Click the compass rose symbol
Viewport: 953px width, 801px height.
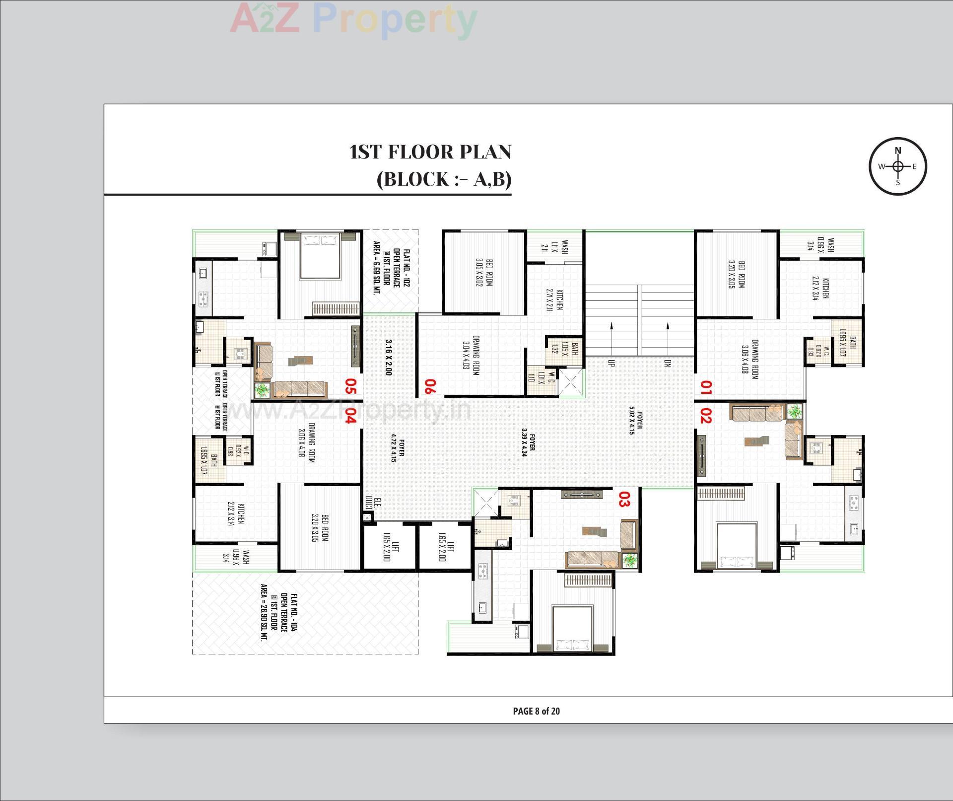pyautogui.click(x=897, y=166)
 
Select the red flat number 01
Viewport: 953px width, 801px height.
pyautogui.click(x=705, y=387)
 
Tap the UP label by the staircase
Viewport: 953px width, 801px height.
pyautogui.click(x=611, y=363)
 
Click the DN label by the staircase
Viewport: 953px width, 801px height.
pyautogui.click(x=668, y=363)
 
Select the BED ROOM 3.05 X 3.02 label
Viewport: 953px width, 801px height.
pyautogui.click(x=484, y=272)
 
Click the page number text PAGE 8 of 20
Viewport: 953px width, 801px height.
pyautogui.click(x=536, y=711)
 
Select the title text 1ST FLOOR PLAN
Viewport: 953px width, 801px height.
pyautogui.click(x=430, y=152)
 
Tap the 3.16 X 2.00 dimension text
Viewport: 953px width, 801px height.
pyautogui.click(x=389, y=357)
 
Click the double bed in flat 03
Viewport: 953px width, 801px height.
pyautogui.click(x=573, y=628)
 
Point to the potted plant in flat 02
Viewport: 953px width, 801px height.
pyautogui.click(x=795, y=412)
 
